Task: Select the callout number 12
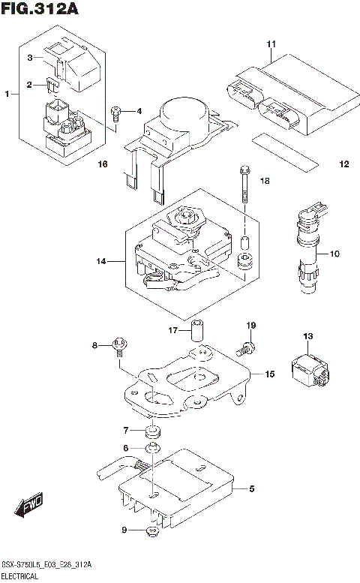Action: (344, 164)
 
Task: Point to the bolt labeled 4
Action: (115, 113)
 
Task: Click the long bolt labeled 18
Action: (244, 184)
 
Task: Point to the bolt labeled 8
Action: (118, 346)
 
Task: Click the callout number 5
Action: (251, 488)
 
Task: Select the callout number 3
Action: (30, 57)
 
